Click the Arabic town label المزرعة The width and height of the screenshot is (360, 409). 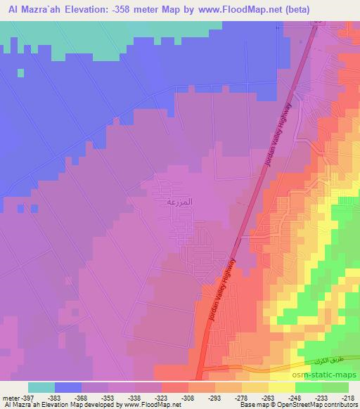[178, 202]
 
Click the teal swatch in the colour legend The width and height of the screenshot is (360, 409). [41, 388]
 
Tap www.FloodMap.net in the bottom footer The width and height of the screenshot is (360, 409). [149, 404]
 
